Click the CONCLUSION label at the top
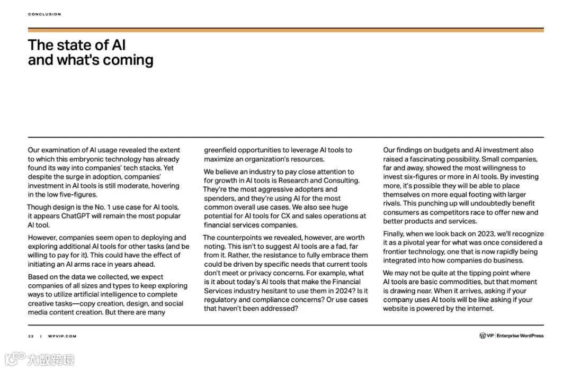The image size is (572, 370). pyautogui.click(x=44, y=14)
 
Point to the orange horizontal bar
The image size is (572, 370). pyautogui.click(x=286, y=30)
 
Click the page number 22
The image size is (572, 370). pyautogui.click(x=31, y=336)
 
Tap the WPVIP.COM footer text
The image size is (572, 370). pyautogui.click(x=62, y=336)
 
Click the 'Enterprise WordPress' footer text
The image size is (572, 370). pyautogui.click(x=520, y=336)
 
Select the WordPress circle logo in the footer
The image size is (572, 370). pyautogui.click(x=482, y=336)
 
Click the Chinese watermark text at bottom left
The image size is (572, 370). pyautogui.click(x=50, y=360)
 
